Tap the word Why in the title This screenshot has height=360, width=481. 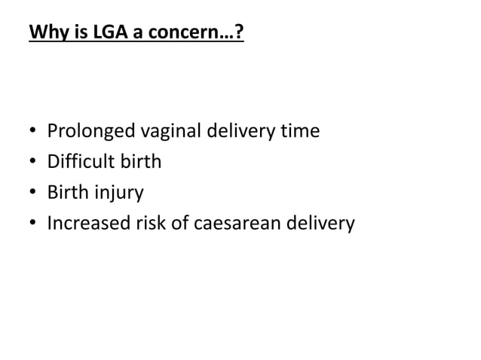pos(43,35)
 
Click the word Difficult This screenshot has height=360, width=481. pos(79,162)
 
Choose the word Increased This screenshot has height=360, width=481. pos(85,223)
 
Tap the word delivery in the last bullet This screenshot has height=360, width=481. pos(322,223)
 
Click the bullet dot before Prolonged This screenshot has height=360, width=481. pos(32,133)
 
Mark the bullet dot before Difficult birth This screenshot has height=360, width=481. pos(32,163)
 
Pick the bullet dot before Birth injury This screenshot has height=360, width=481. pos(32,194)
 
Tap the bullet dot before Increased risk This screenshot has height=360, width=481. pos(32,224)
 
